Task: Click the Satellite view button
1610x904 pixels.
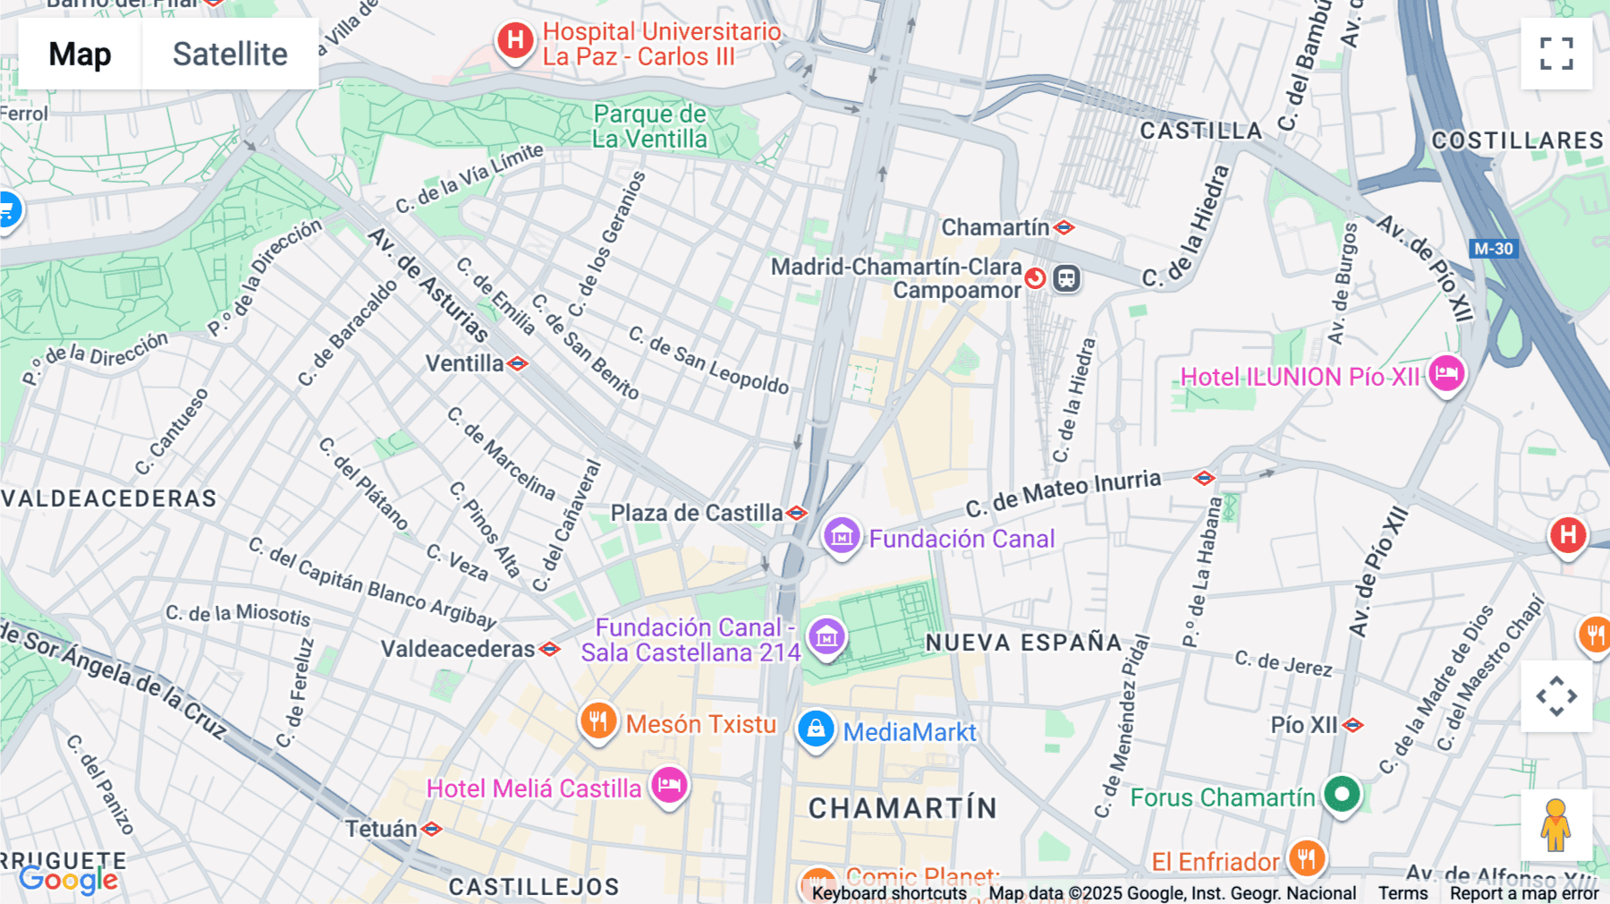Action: point(230,54)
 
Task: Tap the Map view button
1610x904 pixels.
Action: point(80,54)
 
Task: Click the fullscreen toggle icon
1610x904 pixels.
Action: point(1556,54)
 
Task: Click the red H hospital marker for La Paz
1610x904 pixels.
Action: point(516,40)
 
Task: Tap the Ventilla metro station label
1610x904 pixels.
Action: point(465,363)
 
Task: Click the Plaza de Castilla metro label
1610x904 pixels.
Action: point(697,513)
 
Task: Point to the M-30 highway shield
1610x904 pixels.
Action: point(1493,249)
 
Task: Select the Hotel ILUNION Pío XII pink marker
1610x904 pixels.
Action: point(1445,373)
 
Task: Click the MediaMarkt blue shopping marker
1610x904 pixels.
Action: point(816,729)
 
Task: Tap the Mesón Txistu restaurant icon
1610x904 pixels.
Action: point(598,721)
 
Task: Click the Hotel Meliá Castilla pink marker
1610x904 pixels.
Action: point(668,786)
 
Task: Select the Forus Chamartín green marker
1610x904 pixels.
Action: point(1341,794)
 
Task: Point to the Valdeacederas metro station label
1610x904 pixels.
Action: point(458,649)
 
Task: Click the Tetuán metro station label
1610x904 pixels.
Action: point(382,829)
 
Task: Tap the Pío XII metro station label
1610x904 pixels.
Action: point(1304,725)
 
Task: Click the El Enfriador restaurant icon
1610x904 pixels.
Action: point(1306,858)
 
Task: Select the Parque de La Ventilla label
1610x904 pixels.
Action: point(649,126)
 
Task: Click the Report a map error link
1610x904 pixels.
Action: point(1523,893)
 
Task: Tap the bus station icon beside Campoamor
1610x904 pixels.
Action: point(1066,278)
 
